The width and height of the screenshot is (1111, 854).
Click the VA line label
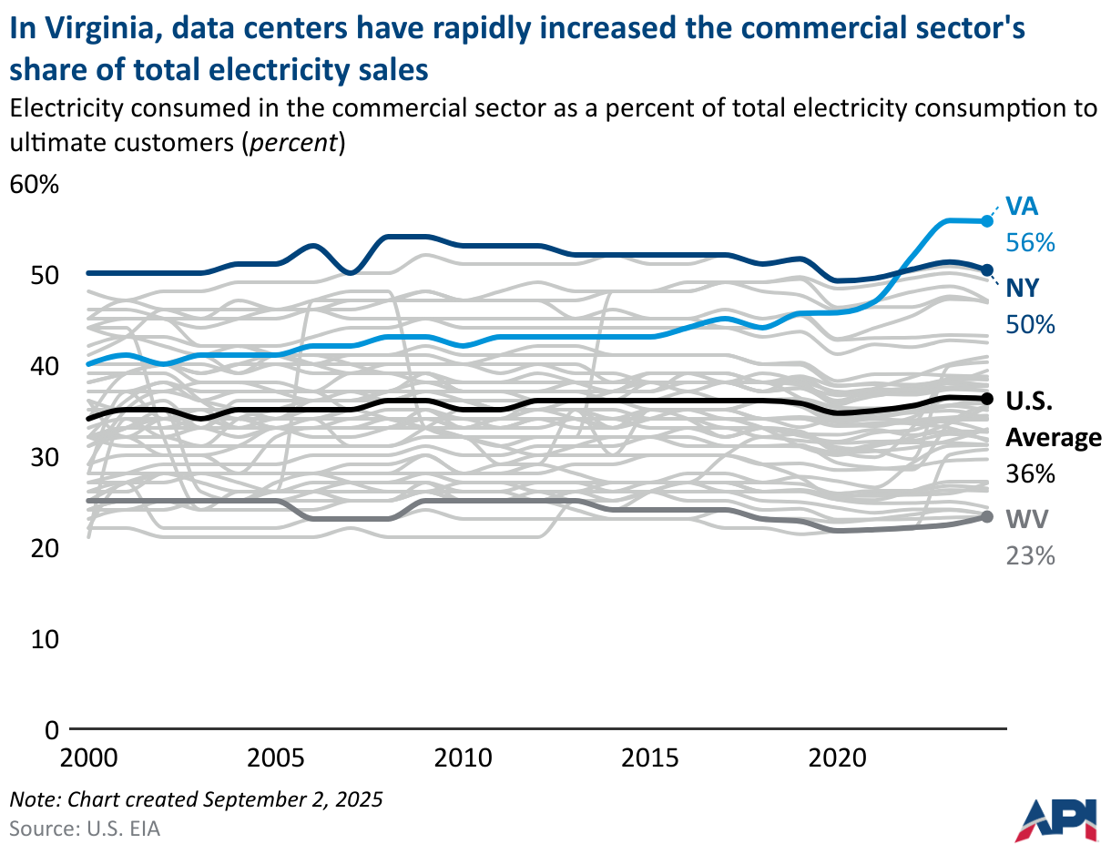(x=1021, y=207)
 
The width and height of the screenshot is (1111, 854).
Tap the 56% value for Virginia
(x=1030, y=243)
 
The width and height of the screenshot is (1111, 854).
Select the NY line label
(x=1023, y=289)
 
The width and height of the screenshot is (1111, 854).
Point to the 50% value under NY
(x=1030, y=324)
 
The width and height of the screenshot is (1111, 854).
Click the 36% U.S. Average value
(x=1030, y=474)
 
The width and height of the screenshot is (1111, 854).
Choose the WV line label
(x=1026, y=519)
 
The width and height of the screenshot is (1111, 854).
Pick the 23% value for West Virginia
(x=1030, y=555)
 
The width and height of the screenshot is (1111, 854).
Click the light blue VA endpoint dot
(x=986, y=220)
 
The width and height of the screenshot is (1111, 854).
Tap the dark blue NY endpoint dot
(x=986, y=269)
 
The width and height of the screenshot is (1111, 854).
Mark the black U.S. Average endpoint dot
(x=986, y=399)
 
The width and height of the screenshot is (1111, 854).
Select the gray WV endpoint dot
(x=986, y=517)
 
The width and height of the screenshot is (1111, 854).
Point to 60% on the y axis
(x=34, y=185)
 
